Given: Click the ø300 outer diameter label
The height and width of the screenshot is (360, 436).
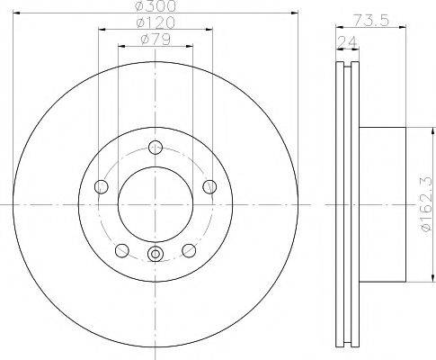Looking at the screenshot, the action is [x=156, y=6].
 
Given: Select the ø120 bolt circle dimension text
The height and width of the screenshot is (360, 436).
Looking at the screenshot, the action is [x=156, y=22].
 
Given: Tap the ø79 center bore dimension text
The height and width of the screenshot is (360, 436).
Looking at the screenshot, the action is [x=156, y=40].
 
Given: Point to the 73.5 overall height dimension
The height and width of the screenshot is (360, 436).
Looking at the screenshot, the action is [x=370, y=21].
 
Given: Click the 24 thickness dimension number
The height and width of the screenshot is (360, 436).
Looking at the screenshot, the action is [x=347, y=42].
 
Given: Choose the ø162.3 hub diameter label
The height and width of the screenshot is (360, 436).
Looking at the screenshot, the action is [x=428, y=204].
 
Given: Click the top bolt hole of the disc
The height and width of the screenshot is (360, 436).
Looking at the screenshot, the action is [x=156, y=148].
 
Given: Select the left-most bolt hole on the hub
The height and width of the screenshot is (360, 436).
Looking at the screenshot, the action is [x=102, y=187].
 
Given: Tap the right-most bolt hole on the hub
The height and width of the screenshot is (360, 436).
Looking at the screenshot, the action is [x=209, y=187].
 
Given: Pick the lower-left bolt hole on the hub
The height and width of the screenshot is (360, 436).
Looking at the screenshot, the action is [x=122, y=250].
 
